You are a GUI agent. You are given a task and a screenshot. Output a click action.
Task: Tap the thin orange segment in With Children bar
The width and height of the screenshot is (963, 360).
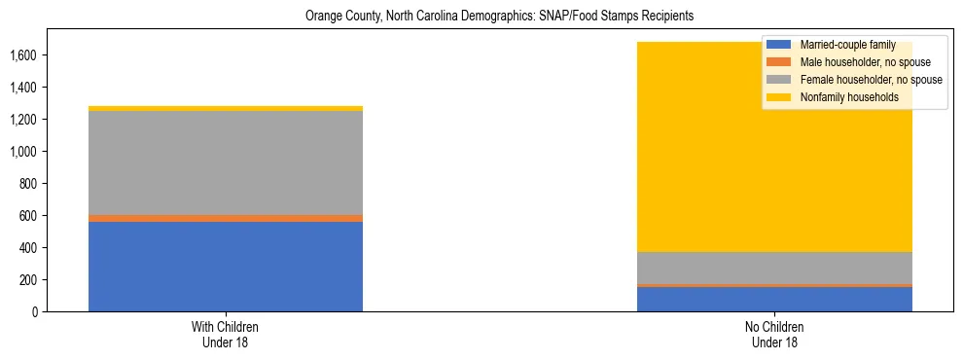coord(226,218)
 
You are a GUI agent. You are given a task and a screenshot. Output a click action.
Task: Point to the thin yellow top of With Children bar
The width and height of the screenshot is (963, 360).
coord(226,108)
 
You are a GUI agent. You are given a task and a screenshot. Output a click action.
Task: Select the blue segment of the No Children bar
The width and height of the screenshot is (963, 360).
coord(774,299)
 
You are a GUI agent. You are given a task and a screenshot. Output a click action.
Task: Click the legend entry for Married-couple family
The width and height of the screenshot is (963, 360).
coord(840,45)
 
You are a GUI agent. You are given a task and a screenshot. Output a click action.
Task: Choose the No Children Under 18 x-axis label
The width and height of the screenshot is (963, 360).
coord(774,335)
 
